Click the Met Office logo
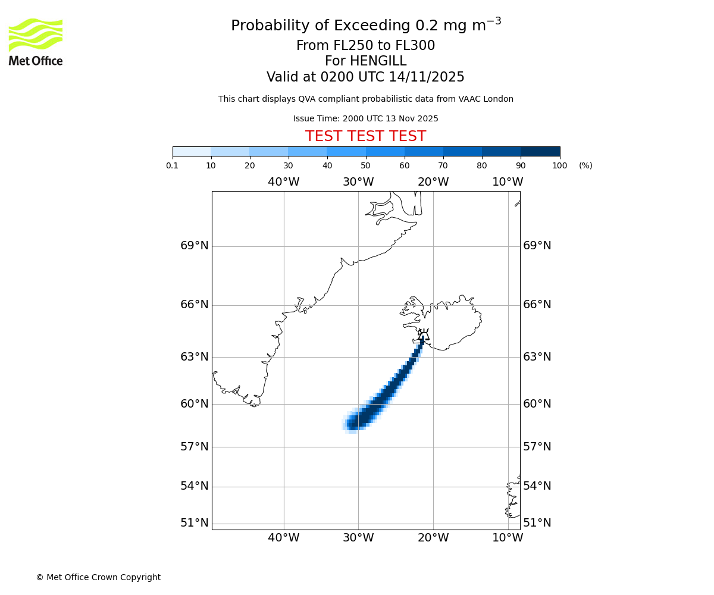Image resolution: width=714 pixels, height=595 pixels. click(36, 42)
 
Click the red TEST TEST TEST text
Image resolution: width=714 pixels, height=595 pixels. click(365, 136)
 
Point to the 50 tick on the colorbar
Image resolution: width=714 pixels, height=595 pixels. click(366, 165)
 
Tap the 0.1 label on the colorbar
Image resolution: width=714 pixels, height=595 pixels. click(173, 165)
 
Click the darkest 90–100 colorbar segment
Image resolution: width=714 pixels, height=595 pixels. click(540, 151)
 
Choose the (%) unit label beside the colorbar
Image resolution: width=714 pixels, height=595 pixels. click(585, 165)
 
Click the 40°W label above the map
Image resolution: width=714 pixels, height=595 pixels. click(283, 182)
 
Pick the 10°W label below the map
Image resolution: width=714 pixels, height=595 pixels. click(508, 538)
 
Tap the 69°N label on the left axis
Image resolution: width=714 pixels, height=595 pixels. click(195, 246)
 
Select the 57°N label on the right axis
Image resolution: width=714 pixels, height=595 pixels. click(537, 447)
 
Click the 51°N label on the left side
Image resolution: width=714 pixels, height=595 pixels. click(195, 523)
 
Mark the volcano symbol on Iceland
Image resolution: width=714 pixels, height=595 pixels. click(423, 334)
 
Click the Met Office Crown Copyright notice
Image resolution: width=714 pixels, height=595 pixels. click(98, 577)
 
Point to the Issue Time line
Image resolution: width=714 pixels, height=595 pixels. click(365, 118)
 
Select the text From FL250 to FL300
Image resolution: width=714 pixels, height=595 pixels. click(365, 46)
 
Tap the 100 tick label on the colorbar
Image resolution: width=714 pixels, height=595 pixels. click(559, 165)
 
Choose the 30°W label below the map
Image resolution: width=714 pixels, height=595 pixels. click(358, 538)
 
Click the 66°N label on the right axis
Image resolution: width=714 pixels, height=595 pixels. click(537, 305)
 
